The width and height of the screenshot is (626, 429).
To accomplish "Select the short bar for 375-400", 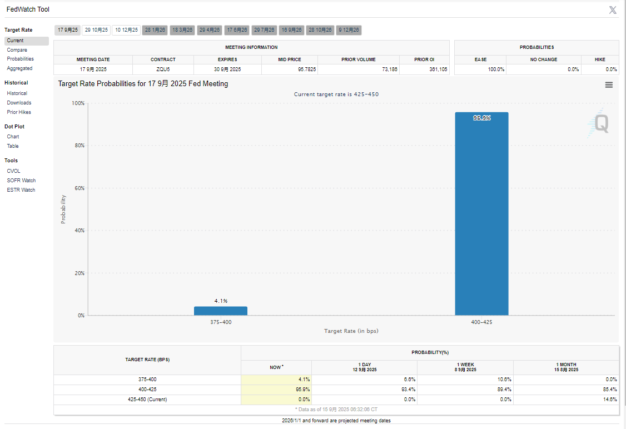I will tap(221, 311).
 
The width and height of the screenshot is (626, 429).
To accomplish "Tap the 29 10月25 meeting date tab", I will tap(96, 30).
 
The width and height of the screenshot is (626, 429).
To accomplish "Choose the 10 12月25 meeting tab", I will tap(126, 30).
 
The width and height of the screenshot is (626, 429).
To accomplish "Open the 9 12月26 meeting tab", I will tap(349, 30).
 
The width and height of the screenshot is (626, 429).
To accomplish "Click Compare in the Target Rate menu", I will tap(17, 50).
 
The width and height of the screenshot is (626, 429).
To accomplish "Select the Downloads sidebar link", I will tap(19, 103).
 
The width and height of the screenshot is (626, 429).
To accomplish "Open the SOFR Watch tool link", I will tap(21, 181).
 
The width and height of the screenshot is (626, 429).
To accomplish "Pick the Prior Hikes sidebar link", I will tap(19, 112).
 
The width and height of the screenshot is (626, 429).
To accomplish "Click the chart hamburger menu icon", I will tap(609, 85).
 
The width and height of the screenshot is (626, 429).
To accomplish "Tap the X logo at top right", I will tap(613, 10).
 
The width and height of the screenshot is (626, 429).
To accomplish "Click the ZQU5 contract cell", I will tap(163, 69).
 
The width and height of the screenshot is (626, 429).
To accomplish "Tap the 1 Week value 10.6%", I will tap(504, 380).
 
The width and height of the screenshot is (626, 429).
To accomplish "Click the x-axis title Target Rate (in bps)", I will tap(351, 331).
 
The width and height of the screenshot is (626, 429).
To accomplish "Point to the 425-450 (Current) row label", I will tap(147, 400).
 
